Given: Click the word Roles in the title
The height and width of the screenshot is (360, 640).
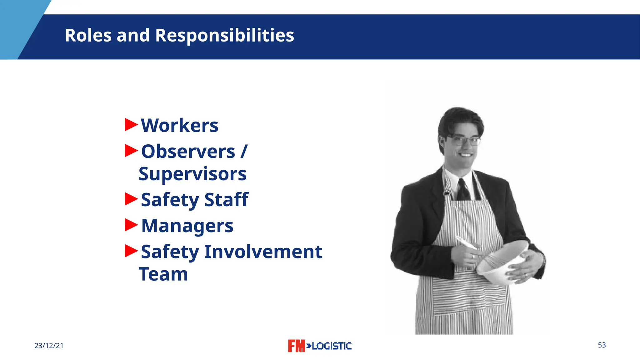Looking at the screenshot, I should coord(88,35).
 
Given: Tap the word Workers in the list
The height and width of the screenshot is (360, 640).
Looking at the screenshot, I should coord(179,126).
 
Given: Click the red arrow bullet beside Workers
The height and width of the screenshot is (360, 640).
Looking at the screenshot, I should coord(131,124).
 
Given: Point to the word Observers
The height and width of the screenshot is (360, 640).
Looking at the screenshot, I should coord(188,152).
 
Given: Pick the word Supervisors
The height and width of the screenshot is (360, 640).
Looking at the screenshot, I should coord(192,174).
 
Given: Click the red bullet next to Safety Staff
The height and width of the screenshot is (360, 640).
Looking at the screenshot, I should coord(131,199).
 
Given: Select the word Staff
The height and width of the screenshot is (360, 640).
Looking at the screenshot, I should coord(226,200).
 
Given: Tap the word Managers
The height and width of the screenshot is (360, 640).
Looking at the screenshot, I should coord(187,226).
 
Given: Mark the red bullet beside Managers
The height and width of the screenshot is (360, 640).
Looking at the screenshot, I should coord(131,225).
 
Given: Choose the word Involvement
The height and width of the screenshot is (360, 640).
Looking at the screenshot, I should coord(263,252).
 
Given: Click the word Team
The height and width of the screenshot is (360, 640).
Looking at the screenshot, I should coord(163,274).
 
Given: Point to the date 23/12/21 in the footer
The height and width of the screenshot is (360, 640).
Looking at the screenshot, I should coord(49,346).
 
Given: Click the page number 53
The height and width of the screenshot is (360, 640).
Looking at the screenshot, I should coord(602,345).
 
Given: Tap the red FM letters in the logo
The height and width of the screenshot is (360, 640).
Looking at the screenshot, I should coord(296,346).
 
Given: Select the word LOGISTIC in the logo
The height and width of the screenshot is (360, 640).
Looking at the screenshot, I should coord(332,346).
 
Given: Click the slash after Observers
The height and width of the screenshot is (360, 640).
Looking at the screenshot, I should coord(244,152).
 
